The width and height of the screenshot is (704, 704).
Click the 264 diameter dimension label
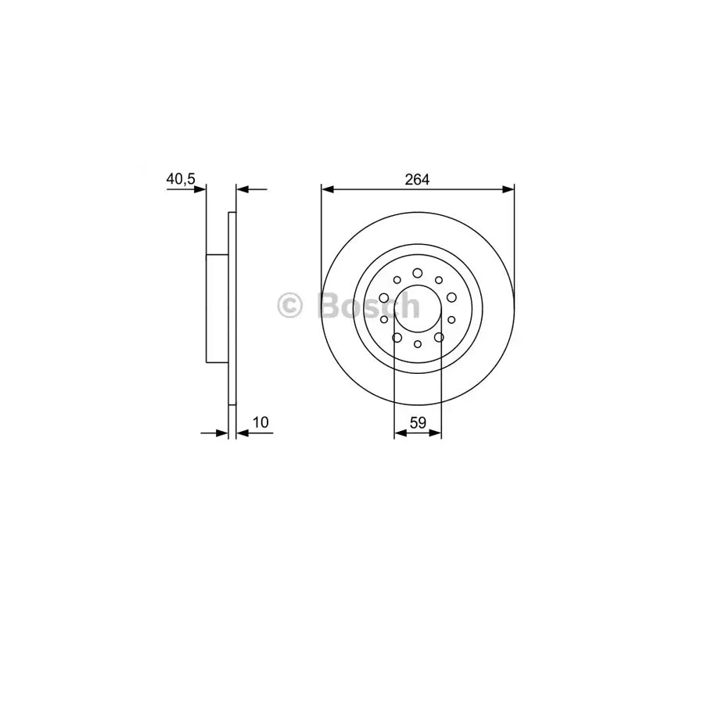(x=417, y=179)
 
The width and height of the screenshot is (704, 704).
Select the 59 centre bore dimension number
(x=418, y=422)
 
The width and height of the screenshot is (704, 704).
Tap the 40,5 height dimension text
(x=180, y=179)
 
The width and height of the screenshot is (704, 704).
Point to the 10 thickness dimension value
(x=261, y=422)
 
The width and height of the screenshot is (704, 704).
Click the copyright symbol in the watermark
(x=290, y=305)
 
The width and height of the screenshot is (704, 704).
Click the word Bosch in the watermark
(x=368, y=305)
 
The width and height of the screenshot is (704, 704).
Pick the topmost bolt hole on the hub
(x=418, y=272)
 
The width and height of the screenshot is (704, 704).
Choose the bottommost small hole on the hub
(x=418, y=344)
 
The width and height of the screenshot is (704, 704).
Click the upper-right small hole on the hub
(x=439, y=280)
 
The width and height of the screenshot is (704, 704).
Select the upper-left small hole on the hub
(x=397, y=280)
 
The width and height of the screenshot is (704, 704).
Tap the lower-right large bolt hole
(x=439, y=337)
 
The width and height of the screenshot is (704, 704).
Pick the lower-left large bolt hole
(x=397, y=337)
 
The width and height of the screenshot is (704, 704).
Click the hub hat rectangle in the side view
(x=217, y=308)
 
